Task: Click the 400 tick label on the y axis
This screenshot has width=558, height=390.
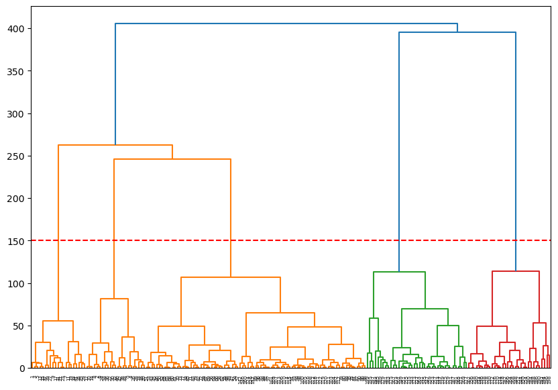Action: coord(17,29)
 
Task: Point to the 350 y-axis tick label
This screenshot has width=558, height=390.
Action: coord(17,71)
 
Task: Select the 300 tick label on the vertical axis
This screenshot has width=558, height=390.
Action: coord(17,114)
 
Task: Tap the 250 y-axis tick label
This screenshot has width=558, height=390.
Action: coord(17,156)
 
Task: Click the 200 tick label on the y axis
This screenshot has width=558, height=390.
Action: coord(17,199)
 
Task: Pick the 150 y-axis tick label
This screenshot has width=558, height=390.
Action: coord(17,241)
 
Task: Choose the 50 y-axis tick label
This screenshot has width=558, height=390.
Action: coord(20,326)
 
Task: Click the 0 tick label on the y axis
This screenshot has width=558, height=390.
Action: coord(23,369)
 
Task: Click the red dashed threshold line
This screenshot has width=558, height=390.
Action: coord(302,240)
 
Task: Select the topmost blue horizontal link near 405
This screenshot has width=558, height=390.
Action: coord(286,24)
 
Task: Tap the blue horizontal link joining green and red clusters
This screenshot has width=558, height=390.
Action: coord(457,32)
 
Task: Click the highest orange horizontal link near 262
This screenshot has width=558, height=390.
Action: coord(115,145)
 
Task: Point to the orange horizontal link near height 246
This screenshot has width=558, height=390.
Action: coord(172,159)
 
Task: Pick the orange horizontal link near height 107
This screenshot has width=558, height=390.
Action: coord(231,277)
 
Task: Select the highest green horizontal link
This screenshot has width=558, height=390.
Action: coord(399,272)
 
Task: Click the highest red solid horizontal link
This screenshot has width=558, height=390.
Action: coord(516,271)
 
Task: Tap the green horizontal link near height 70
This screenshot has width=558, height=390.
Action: coord(425,309)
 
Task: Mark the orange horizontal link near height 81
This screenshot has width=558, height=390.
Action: coord(114,299)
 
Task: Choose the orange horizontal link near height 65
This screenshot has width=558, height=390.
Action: coord(280,313)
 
